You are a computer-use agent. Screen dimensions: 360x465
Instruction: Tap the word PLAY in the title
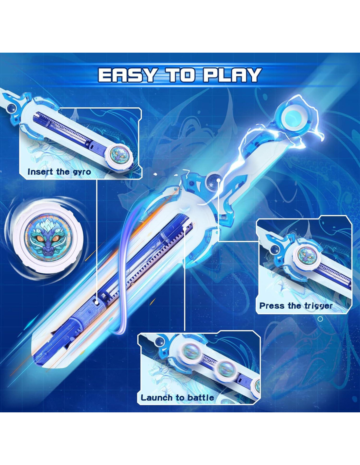pos(233,75)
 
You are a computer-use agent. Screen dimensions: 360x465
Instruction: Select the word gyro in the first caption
pos(82,172)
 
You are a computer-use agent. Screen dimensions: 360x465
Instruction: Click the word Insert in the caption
pos(40,172)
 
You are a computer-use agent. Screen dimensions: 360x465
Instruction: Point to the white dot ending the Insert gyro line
pos(97,302)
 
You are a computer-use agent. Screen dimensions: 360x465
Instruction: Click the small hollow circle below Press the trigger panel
pos(320,319)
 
